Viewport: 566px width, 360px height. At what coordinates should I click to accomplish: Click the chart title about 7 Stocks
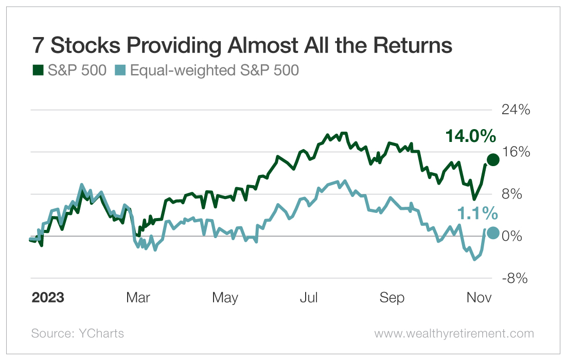tap(242, 46)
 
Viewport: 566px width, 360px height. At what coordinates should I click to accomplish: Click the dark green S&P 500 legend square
tap(37, 70)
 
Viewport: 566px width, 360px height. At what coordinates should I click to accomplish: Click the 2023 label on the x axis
tap(48, 298)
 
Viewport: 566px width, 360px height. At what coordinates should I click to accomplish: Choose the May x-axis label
tap(225, 298)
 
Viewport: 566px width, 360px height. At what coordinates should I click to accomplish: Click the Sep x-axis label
tap(392, 298)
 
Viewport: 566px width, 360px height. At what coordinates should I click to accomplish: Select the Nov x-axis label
tap(479, 298)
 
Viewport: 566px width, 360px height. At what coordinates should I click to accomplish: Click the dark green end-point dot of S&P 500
tap(493, 160)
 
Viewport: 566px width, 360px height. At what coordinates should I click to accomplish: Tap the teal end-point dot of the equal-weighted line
tap(493, 233)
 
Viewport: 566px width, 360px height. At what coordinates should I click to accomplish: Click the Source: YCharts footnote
tap(78, 333)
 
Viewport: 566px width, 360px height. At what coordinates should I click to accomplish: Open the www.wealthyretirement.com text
tap(454, 333)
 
